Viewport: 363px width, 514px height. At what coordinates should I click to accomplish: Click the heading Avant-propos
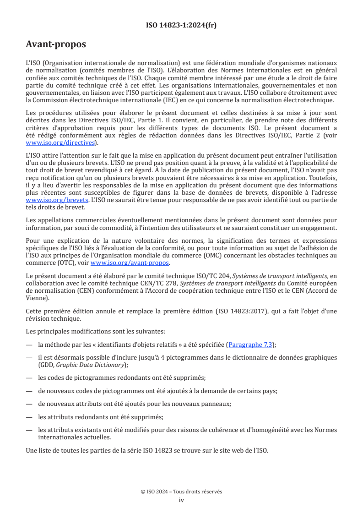(56, 44)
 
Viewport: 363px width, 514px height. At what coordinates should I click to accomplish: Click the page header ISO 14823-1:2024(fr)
(181, 25)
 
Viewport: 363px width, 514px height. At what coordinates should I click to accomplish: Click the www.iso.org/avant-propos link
(130, 262)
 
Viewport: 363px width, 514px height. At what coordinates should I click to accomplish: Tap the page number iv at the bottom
(181, 500)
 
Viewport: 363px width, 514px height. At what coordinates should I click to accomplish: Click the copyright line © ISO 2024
(181, 492)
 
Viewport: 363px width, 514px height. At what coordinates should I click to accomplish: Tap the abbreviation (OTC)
(57, 262)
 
